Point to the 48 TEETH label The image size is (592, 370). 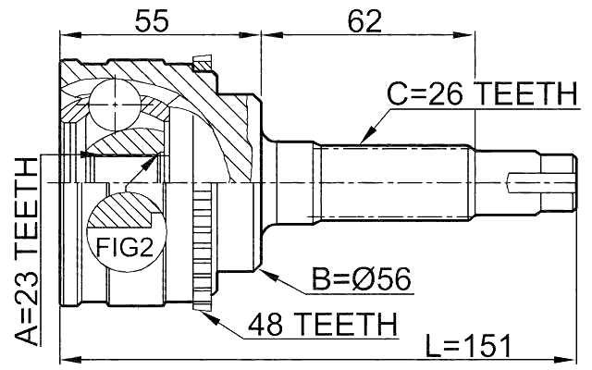[x=322, y=324]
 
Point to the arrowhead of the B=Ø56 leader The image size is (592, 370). [x=265, y=272]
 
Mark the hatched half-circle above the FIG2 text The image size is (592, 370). [x=124, y=213]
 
